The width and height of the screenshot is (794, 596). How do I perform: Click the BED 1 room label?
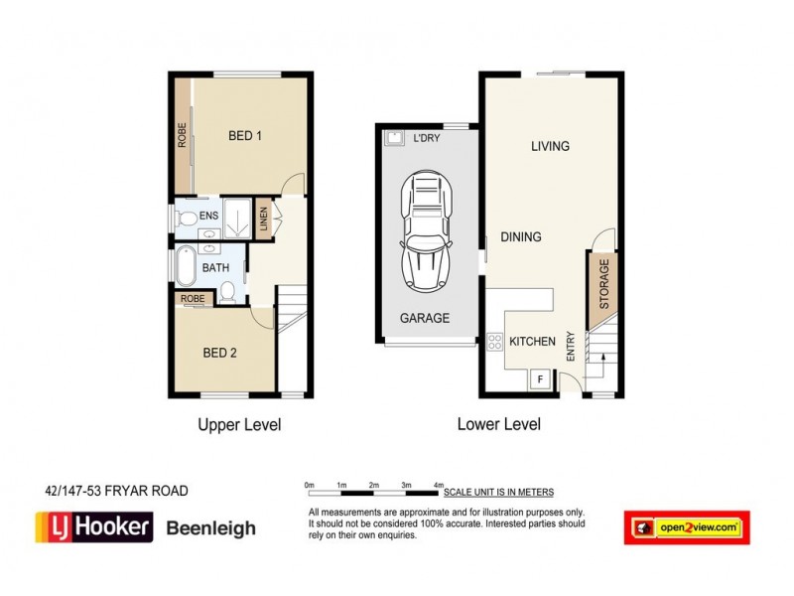pos(244,136)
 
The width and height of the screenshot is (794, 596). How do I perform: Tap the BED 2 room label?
pos(219,352)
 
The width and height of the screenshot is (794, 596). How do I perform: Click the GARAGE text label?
pos(425,319)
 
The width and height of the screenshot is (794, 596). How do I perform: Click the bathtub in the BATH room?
pos(186,267)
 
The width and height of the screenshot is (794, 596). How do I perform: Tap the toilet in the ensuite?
pos(184,216)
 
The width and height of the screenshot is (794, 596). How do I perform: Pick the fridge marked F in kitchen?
pos(540,378)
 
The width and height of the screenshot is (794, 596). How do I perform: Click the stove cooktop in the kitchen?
pos(494,343)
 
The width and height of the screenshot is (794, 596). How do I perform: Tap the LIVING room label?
pos(550,146)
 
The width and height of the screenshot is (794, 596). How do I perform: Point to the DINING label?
pos(521,236)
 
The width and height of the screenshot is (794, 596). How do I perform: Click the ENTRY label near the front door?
pos(571,345)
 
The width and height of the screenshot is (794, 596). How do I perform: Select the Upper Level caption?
pos(239,424)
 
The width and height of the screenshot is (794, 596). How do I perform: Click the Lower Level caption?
pos(498,424)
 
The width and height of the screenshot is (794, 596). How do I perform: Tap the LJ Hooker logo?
pos(93,526)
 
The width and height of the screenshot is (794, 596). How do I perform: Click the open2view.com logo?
pos(687,527)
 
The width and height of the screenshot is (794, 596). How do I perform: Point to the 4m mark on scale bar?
pos(438,484)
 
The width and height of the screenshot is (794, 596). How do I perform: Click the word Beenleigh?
pos(209,528)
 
